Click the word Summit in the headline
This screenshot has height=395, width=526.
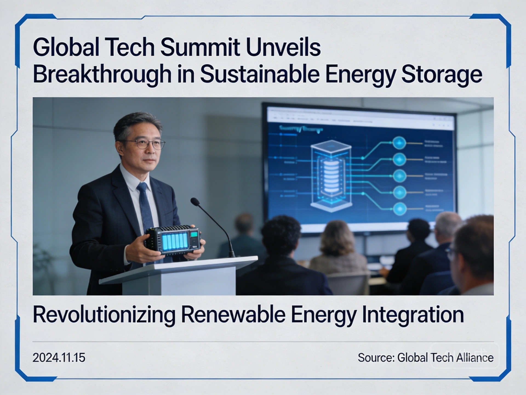(200, 47)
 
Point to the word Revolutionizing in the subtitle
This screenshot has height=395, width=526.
(104, 315)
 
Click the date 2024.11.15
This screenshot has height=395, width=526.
(59, 358)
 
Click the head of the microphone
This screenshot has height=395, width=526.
(195, 202)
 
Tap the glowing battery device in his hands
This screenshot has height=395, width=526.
(175, 240)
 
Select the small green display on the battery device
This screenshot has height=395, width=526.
(195, 235)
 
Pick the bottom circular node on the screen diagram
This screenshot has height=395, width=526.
(400, 209)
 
